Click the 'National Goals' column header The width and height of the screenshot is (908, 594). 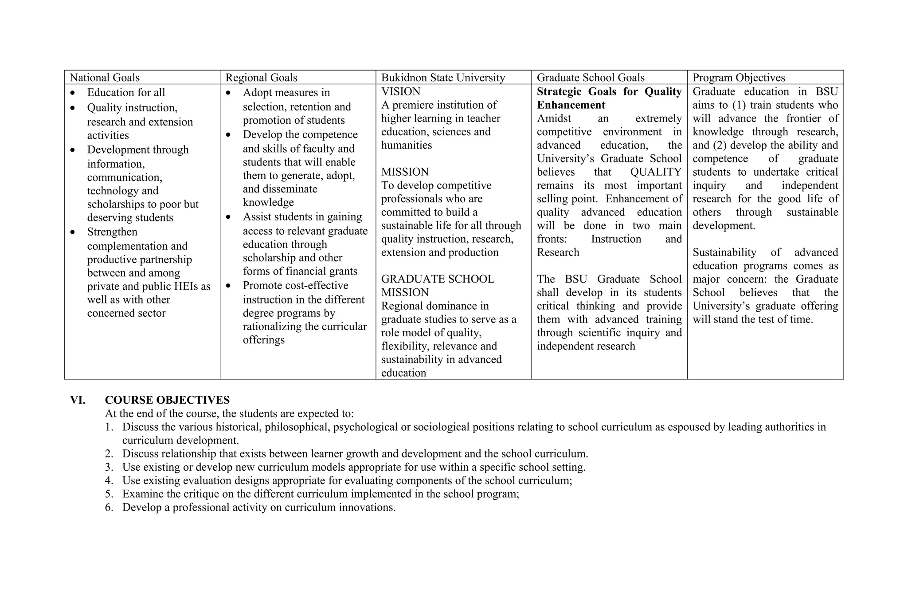pos(105,78)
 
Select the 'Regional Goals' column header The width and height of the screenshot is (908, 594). pos(261,78)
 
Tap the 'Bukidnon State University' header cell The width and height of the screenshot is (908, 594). pos(443,78)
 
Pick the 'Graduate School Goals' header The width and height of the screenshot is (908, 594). pos(591,78)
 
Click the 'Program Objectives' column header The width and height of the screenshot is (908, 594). pos(739,78)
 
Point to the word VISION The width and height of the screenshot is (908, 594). pos(401,91)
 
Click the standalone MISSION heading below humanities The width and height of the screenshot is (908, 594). pos(405,172)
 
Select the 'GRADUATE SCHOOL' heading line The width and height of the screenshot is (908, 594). pos(437,279)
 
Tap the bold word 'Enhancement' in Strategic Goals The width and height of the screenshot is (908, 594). pos(571,105)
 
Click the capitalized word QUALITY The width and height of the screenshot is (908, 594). pos(655,172)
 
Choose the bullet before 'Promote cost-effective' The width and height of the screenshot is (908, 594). pos(228,286)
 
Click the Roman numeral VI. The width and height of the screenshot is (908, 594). pos(78,400)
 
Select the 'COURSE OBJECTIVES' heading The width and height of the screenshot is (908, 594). pos(167,400)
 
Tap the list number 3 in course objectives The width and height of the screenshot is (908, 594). pos(109,467)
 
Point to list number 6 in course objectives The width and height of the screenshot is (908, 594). pos(109,507)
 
